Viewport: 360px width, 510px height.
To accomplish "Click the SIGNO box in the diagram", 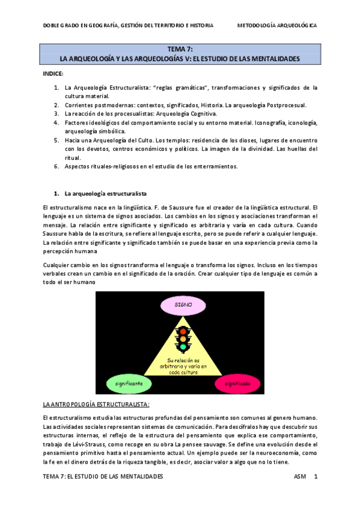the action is (183, 305).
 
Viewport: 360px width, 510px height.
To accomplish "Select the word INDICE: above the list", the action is (53, 73).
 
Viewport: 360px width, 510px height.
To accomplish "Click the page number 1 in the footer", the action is (316, 476).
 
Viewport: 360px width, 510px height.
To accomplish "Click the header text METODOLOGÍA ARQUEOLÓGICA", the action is (277, 26).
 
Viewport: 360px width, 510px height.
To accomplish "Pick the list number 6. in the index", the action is (56, 166).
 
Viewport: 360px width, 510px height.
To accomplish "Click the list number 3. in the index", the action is (56, 113).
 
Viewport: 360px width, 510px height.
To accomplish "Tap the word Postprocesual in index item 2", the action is (285, 105).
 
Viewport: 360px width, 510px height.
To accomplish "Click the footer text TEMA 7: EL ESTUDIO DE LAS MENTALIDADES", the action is (103, 476).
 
